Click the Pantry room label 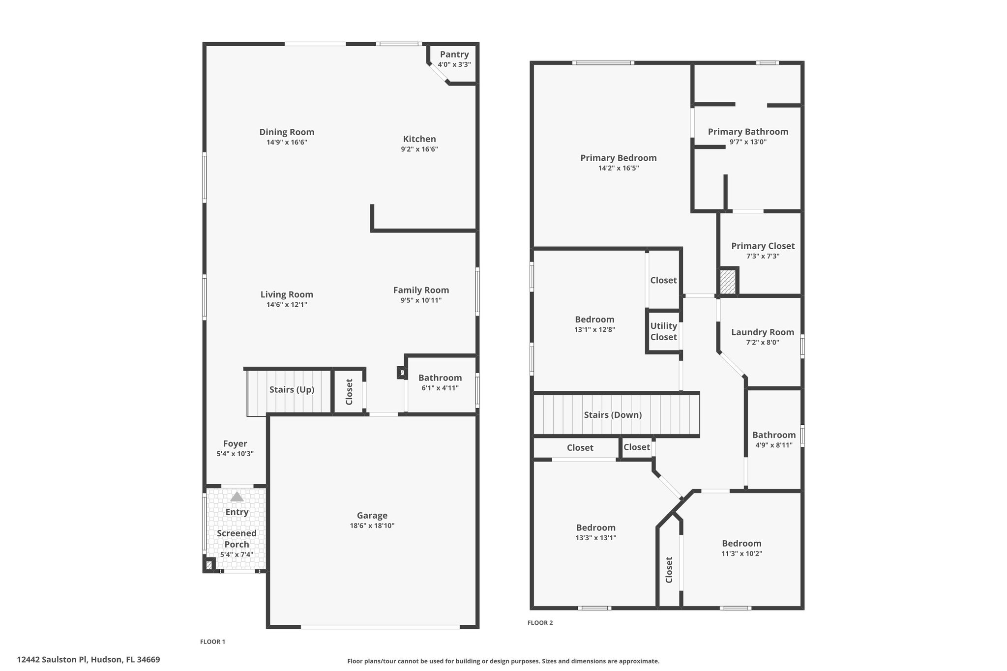pos(454,55)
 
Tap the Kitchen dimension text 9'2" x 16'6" pos(419,149)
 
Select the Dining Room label pos(287,132)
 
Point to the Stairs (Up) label pos(292,390)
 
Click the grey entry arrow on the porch pos(237,496)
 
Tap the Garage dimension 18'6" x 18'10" pos(372,525)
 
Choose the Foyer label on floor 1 pos(235,443)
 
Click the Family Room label pos(421,290)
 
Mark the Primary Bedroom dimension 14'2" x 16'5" pos(619,168)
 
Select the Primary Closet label pos(763,246)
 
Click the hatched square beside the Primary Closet pos(728,282)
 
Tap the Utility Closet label pos(664,331)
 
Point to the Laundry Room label pos(763,332)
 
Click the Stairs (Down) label pos(613,415)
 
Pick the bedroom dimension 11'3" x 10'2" pos(741,554)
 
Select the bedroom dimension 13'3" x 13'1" pos(596,538)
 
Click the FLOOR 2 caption pos(540,623)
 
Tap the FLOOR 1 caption pos(212,642)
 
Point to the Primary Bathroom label pos(748,132)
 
